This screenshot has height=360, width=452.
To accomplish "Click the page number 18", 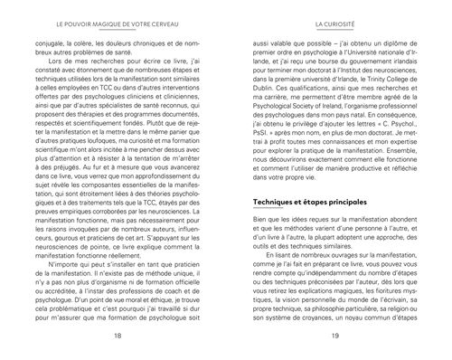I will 118,334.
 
